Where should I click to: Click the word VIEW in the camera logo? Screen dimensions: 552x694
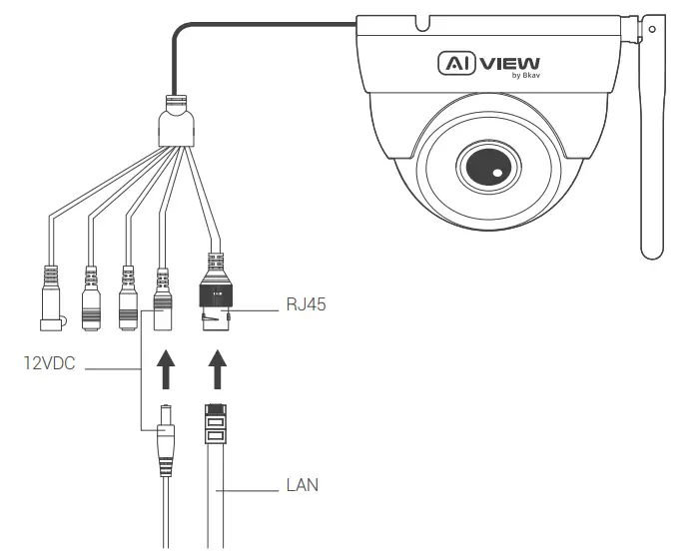pos(510,64)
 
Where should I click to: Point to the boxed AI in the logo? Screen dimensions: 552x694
pos(456,64)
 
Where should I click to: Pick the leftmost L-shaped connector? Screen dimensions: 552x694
pos(47,299)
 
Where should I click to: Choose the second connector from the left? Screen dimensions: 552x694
pos(91,296)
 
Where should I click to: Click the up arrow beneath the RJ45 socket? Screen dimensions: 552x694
pos(216,368)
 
